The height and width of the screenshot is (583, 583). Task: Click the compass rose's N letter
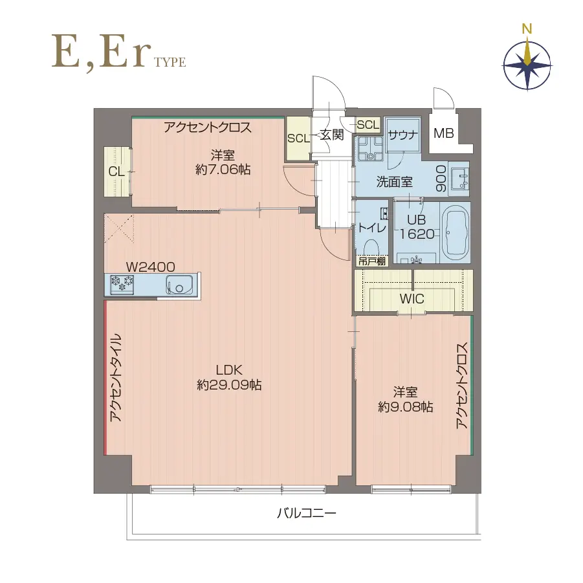527,28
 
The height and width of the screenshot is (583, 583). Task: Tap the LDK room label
228,370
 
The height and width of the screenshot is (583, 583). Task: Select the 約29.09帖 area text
229,385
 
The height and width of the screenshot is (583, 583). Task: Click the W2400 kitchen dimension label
150,266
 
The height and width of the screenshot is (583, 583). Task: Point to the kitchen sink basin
179,284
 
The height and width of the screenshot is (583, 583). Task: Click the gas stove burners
122,283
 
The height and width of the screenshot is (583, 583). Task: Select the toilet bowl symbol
371,248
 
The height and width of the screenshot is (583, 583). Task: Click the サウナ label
403,135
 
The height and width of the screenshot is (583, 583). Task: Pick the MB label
444,134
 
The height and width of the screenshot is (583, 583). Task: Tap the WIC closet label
412,299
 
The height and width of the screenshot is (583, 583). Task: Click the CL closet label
116,171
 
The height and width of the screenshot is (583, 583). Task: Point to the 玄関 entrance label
331,135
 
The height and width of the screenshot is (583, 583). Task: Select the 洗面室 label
394,182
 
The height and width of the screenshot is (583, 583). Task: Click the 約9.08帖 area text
406,407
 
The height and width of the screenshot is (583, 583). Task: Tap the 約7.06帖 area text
222,170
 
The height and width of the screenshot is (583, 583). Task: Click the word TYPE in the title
170,62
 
